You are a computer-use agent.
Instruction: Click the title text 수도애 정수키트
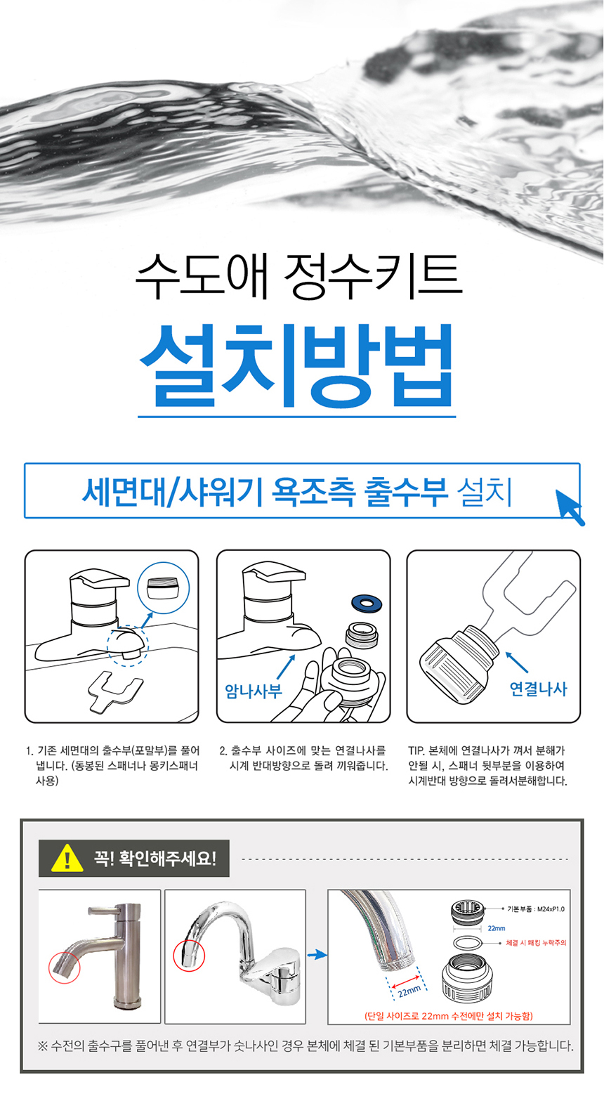(x=298, y=276)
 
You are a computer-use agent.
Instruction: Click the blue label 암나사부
(x=254, y=691)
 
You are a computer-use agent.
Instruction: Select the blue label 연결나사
(x=538, y=689)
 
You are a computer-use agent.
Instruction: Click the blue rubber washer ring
(x=367, y=602)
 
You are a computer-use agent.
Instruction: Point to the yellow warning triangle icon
(x=67, y=858)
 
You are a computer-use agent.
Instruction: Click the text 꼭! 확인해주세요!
(x=155, y=859)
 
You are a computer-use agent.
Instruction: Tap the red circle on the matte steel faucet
(x=65, y=968)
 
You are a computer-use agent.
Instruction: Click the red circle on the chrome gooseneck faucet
(x=189, y=956)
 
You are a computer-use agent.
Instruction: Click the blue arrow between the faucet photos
(x=317, y=955)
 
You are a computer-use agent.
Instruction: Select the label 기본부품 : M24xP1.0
(x=536, y=909)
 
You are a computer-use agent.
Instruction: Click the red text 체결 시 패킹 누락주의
(x=536, y=942)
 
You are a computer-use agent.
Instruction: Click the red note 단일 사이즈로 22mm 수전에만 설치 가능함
(x=449, y=1015)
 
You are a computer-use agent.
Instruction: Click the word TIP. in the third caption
(x=416, y=750)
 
